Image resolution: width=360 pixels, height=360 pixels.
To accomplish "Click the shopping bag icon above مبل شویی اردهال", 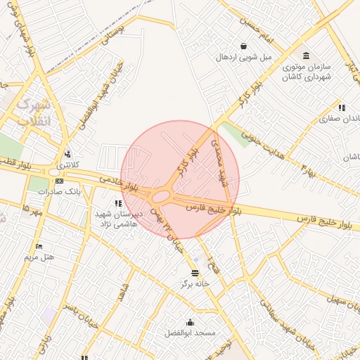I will tap(243, 46).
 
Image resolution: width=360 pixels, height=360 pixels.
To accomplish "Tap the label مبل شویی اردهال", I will tap(243, 57).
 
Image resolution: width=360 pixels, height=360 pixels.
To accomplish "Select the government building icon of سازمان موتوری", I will tap(306, 56).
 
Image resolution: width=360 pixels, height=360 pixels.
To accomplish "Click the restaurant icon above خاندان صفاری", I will tap(341, 108).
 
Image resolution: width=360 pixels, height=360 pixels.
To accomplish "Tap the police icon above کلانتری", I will tap(67, 154).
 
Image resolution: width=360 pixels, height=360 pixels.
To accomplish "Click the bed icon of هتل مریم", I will tap(39, 246).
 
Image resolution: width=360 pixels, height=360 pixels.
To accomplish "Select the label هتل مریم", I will tap(39, 257).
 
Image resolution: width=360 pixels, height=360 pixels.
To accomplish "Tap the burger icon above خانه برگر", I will tap(195, 273).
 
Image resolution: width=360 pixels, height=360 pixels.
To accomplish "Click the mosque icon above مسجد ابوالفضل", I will tap(190, 322).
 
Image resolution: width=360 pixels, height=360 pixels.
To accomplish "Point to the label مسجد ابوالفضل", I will tap(190, 332).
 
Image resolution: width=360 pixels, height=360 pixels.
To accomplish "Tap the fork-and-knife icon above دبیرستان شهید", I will tap(117, 203).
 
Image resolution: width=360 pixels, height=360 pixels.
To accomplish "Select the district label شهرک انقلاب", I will tap(33, 112).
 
